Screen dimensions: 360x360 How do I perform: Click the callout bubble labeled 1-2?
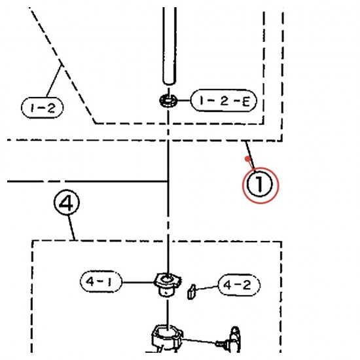point(43,108)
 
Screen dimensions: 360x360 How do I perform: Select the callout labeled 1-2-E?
point(224,101)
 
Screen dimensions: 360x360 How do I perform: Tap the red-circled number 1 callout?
point(260,185)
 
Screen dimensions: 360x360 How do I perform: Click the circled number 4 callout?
point(67,202)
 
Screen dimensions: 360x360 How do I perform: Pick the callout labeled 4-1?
point(101,281)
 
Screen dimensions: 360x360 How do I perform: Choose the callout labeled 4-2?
point(239,285)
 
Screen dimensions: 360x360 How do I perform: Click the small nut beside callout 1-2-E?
point(168,100)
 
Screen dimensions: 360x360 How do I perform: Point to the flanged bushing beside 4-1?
point(168,285)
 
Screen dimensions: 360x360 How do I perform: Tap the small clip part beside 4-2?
point(192,292)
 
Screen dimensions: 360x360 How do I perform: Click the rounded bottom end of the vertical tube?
point(170,82)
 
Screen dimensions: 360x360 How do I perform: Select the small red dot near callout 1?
point(247,158)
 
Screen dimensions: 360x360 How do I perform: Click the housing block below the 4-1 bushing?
point(167,338)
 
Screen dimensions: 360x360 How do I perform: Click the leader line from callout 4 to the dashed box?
point(71,228)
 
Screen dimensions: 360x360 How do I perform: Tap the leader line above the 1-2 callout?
point(54,81)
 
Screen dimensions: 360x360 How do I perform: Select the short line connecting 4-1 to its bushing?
point(138,282)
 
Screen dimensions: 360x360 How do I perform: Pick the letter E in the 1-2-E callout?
point(246,101)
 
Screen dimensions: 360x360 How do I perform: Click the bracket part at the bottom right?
point(234,339)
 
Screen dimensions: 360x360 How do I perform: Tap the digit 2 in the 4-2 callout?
point(247,285)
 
